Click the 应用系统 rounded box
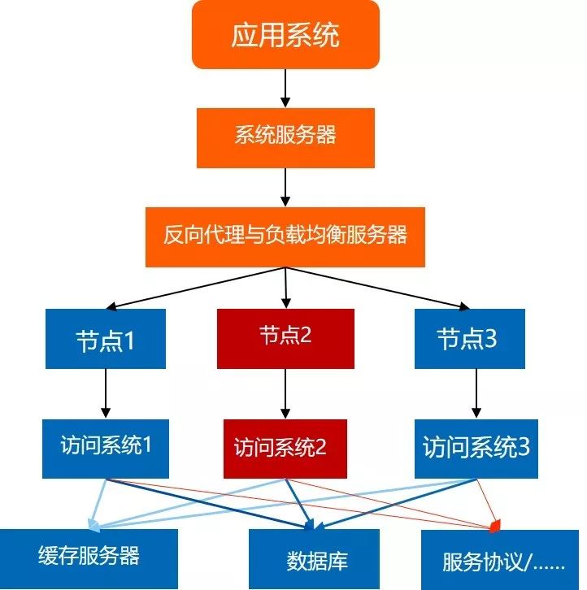(x=285, y=35)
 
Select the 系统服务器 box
(x=285, y=136)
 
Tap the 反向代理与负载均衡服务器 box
(x=285, y=236)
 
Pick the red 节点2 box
(x=285, y=337)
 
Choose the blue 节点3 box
(x=467, y=339)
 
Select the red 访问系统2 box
(x=285, y=448)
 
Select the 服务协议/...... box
(x=498, y=561)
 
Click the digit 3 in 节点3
(x=490, y=340)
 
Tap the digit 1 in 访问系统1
(x=149, y=445)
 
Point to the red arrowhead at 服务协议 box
(x=494, y=528)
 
